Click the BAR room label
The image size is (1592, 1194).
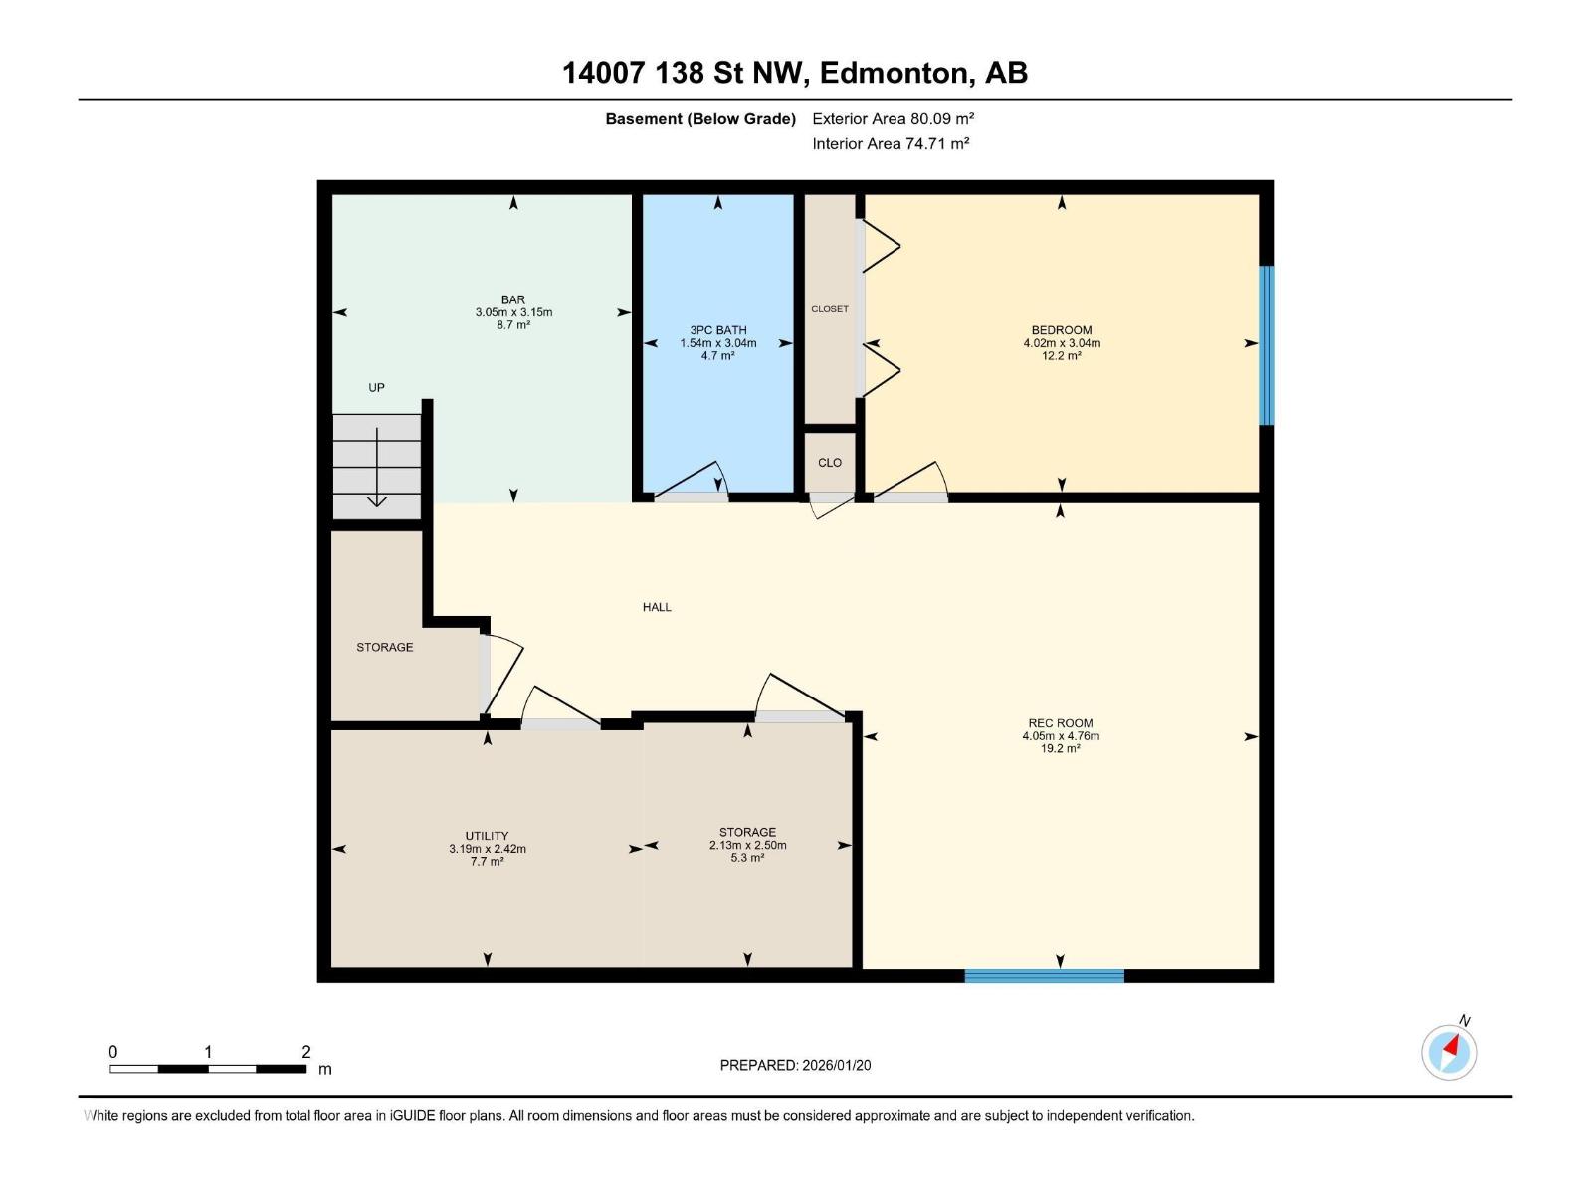pos(513,299)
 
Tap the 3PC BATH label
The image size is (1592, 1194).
pos(717,330)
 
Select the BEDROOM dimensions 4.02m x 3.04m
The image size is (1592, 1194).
pos(1062,343)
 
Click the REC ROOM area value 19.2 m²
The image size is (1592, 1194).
pos(1061,749)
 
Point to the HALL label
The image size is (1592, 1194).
pos(657,607)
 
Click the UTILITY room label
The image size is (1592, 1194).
pos(487,836)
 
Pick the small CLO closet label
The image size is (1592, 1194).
pos(830,463)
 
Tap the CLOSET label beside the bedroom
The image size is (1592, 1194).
pos(830,309)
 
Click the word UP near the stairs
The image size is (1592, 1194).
pos(376,388)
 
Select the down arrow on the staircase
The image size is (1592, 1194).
pos(377,468)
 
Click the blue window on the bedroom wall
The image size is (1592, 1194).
pos(1267,345)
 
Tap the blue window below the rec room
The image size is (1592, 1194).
pos(1044,976)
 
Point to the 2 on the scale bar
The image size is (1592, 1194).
pos(306,1052)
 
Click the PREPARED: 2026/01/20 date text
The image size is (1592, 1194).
pos(795,1065)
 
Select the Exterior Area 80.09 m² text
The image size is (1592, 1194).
pos(893,118)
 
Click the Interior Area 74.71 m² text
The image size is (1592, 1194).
pos(891,143)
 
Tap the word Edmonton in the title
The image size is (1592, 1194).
pos(895,73)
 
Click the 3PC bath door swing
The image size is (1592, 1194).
pos(696,480)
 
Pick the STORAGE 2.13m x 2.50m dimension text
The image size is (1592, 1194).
pos(747,845)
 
